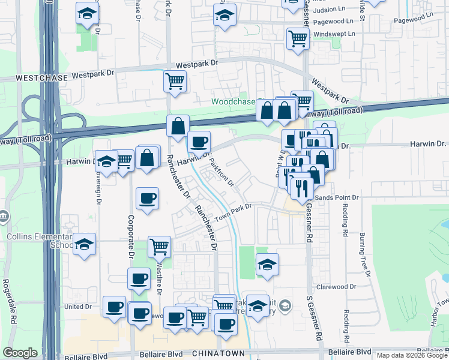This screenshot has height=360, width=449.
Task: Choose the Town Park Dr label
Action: click(x=234, y=211)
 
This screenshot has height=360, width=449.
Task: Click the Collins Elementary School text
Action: click(x=36, y=241)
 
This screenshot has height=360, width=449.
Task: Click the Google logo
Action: click(x=20, y=353)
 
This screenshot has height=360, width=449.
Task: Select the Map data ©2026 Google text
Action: click(x=411, y=355)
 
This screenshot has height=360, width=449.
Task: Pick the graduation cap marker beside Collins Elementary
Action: click(x=85, y=243)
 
